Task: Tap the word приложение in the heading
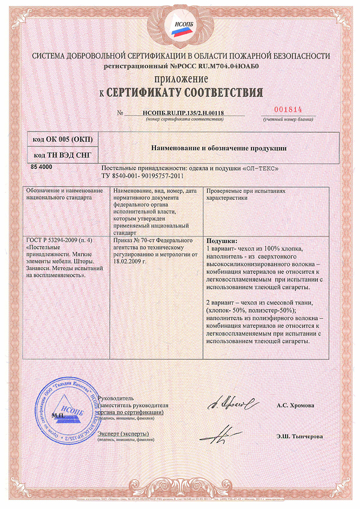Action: [x=180, y=79]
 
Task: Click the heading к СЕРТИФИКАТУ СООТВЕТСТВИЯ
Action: [x=180, y=93]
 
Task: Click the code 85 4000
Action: [x=41, y=166]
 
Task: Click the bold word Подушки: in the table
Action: [x=221, y=240]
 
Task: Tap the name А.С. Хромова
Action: [x=295, y=406]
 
